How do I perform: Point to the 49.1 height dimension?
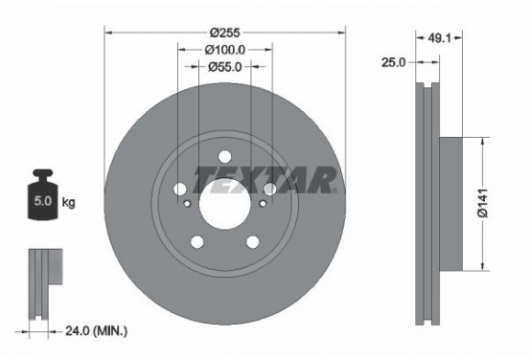click(x=440, y=39)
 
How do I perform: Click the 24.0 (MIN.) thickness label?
click(x=95, y=331)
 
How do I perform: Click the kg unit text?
click(x=69, y=204)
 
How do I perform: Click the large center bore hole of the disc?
click(x=224, y=202)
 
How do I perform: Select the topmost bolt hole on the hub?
click(x=224, y=157)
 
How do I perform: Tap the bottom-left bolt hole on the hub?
click(x=197, y=241)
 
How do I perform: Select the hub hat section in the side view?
click(x=455, y=202)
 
